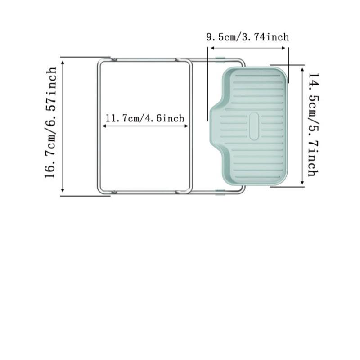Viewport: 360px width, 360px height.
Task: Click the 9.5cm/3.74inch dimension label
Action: tap(247, 37)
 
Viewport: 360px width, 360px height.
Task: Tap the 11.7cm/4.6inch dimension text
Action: tap(145, 118)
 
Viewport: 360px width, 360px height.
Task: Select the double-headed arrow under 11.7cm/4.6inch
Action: tap(145, 126)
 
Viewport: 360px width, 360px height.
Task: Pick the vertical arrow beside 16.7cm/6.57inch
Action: tap(63, 126)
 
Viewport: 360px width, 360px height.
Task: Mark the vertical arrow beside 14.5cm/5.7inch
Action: tap(302, 125)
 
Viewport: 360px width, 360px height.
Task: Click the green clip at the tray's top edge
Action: tap(220, 59)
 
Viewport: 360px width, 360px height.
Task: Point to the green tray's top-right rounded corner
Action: tap(283, 72)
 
